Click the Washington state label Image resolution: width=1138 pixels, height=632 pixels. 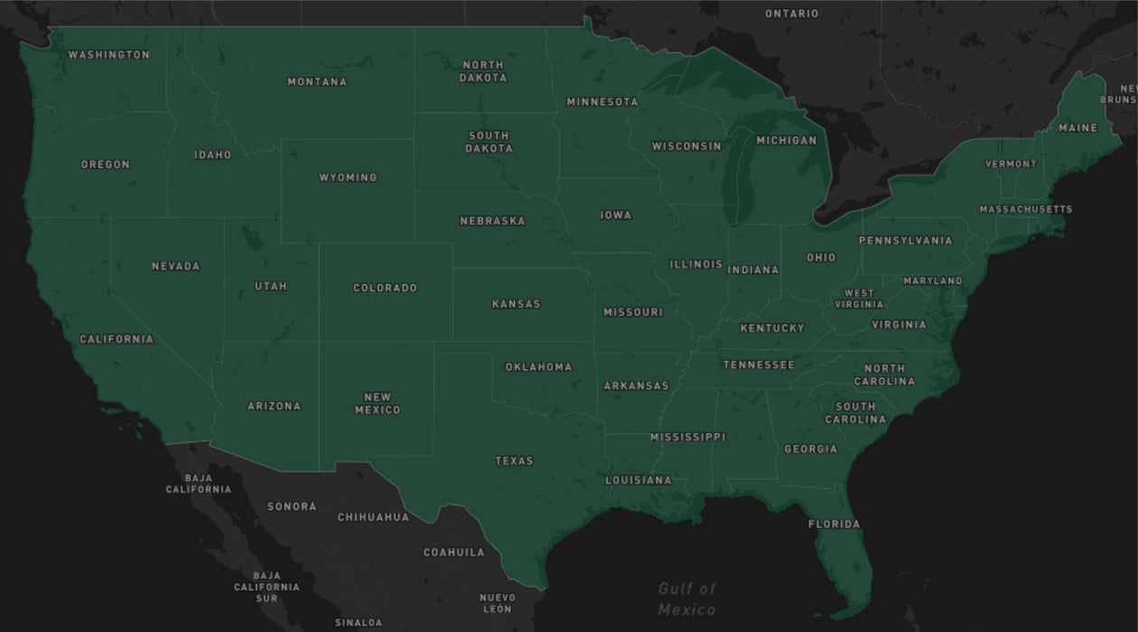click(x=109, y=55)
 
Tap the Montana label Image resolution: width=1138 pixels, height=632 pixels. click(x=317, y=82)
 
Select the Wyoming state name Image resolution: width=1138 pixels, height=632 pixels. click(x=348, y=178)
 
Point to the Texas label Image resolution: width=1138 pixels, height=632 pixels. click(x=514, y=461)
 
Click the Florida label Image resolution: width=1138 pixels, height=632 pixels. click(x=834, y=525)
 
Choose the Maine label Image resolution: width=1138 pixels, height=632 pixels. click(x=1077, y=128)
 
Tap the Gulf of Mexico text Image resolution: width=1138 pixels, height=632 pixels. click(x=686, y=599)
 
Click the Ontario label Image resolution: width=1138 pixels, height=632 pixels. click(x=791, y=14)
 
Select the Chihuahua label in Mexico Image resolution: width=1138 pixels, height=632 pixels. click(x=373, y=517)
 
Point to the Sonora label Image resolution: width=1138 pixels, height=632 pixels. click(x=292, y=507)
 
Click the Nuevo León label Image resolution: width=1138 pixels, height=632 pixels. click(x=498, y=603)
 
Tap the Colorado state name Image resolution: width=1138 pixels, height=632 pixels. click(x=385, y=288)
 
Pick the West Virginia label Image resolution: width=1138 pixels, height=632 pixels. click(x=858, y=299)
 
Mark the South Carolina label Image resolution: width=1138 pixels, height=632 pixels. click(x=855, y=414)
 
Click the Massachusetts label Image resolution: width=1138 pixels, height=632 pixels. click(x=1026, y=209)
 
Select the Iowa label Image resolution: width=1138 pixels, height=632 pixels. click(x=616, y=216)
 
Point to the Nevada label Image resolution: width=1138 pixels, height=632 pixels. click(x=175, y=266)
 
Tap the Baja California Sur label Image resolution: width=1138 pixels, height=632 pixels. click(x=266, y=587)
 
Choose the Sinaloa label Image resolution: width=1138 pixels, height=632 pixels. click(x=359, y=623)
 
